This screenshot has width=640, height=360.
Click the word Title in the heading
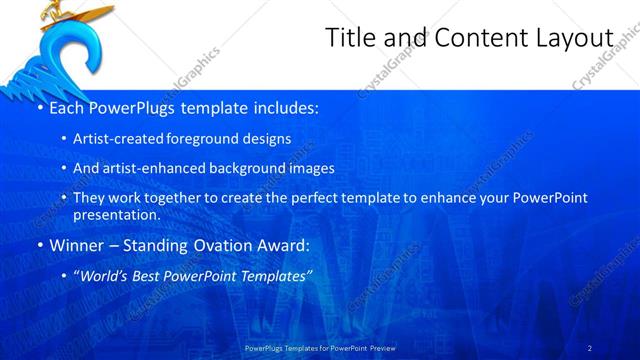pyautogui.click(x=350, y=38)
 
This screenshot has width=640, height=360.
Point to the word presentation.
pyautogui.click(x=116, y=214)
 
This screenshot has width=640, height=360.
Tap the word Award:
pyautogui.click(x=283, y=246)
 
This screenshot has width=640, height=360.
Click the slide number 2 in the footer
pyautogui.click(x=590, y=347)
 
